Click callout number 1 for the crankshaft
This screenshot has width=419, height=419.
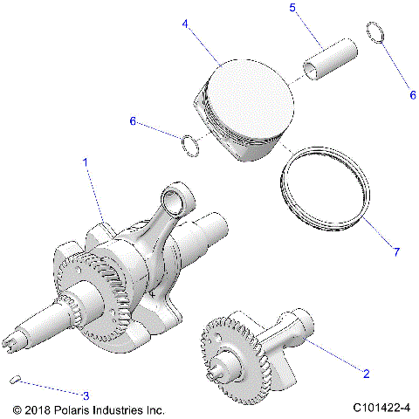(x=85, y=162)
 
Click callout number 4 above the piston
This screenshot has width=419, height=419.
(x=184, y=26)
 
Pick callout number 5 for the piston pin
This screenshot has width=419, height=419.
(x=292, y=8)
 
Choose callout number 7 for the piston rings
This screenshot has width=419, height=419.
(x=395, y=252)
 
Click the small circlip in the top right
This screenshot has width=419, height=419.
(x=375, y=32)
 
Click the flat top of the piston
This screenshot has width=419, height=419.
(x=253, y=91)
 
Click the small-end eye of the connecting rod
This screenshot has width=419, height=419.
(x=189, y=201)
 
